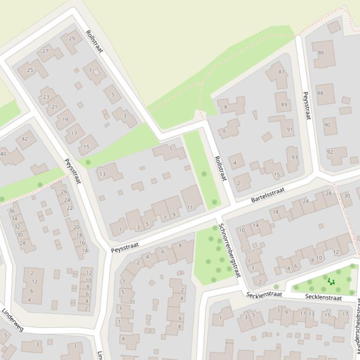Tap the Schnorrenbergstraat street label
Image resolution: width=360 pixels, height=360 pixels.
click(x=229, y=250)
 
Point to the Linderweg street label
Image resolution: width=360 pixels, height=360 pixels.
click(x=12, y=320)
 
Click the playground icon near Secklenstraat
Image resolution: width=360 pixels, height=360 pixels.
click(x=331, y=281)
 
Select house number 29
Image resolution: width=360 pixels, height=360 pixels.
click(x=72, y=38)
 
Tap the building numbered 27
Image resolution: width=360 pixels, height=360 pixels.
click(x=45, y=51)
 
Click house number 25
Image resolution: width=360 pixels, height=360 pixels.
click(x=30, y=70)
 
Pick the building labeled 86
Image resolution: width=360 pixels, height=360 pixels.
click(x=321, y=53)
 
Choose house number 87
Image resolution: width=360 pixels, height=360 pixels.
click(x=281, y=72)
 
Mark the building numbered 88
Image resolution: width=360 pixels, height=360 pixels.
click(x=320, y=93)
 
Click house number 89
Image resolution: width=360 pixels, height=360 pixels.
click(x=284, y=105)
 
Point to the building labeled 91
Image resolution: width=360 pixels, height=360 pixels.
click(x=290, y=130)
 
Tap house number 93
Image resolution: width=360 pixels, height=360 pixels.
click(x=294, y=157)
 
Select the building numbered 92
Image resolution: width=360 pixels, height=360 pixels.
click(x=330, y=152)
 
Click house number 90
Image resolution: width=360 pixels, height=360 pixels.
click(x=327, y=125)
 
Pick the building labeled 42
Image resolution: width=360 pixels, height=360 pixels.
click(x=25, y=139)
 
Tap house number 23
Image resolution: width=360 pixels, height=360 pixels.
click(x=46, y=97)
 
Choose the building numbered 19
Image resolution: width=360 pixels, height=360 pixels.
click(x=65, y=120)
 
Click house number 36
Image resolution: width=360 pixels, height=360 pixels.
click(x=12, y=211)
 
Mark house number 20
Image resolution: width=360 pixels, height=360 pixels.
click(x=76, y=227)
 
